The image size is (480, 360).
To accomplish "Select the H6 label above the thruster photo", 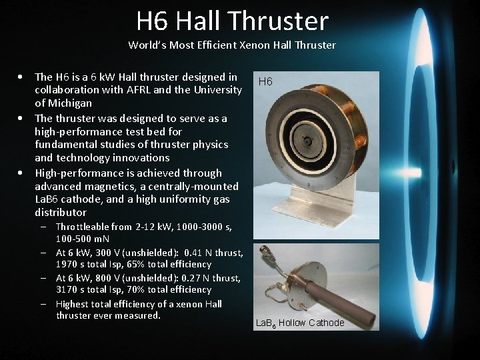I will coord(265,82).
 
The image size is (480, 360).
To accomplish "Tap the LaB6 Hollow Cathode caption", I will coord(300,323).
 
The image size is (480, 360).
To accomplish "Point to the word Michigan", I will coord(69,103).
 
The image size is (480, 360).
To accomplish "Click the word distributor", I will coord(61,212).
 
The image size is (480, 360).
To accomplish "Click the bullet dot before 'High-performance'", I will coord(23,172).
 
